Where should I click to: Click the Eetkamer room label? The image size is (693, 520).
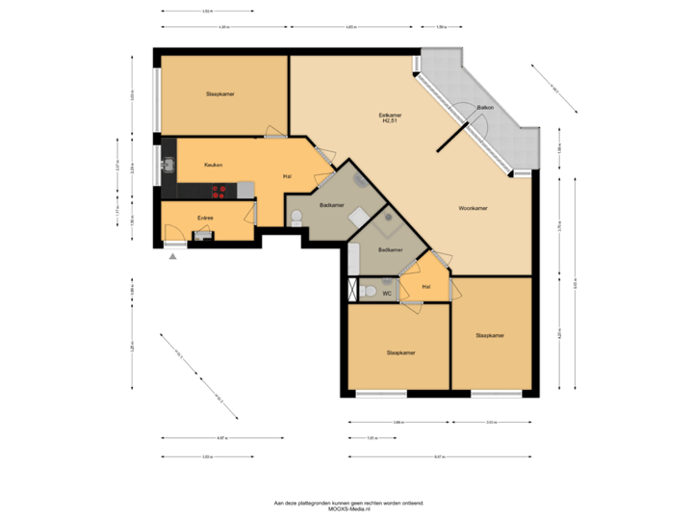tap(390, 116)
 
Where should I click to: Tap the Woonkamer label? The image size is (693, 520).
tap(473, 208)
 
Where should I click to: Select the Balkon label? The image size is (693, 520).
tap(485, 108)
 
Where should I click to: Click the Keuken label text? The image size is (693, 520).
tap(213, 165)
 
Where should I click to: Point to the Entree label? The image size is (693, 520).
tap(205, 218)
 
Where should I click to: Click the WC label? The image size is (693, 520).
tap(386, 292)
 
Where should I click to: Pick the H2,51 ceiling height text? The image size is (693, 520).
tap(390, 122)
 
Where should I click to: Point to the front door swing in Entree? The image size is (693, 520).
tap(174, 233)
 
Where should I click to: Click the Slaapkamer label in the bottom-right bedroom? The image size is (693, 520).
tap(490, 335)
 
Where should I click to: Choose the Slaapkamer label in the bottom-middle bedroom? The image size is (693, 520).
tap(400, 352)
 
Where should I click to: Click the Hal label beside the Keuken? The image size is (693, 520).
tap(287, 176)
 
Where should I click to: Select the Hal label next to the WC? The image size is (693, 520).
tap(426, 287)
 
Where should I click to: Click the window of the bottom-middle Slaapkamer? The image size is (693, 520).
tap(380, 393)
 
